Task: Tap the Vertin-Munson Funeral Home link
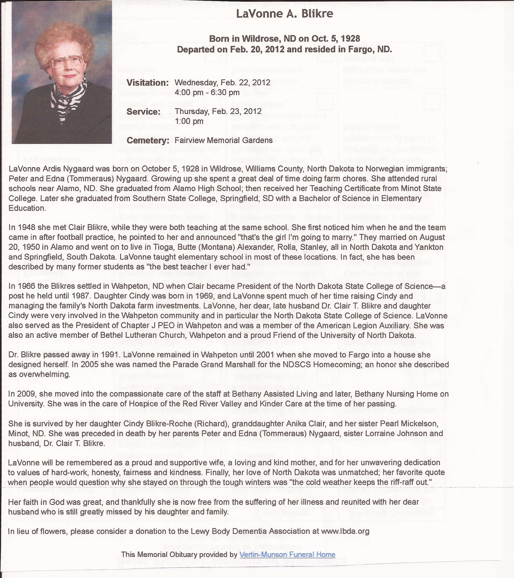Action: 287,554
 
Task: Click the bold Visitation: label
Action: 147,83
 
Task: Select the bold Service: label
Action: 143,112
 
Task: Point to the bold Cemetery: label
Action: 148,140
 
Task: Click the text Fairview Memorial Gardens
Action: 223,140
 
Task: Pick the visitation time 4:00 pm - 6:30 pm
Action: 207,92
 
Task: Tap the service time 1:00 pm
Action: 189,121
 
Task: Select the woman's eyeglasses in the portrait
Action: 67,61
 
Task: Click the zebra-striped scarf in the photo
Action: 68,99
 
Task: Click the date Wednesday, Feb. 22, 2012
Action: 222,83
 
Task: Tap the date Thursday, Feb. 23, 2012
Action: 218,111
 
